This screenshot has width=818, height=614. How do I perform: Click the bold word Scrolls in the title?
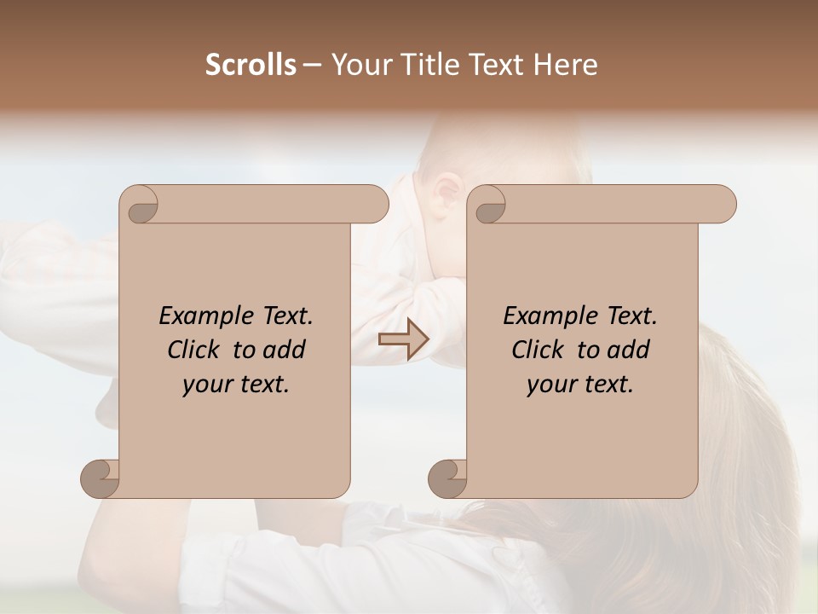coord(251,65)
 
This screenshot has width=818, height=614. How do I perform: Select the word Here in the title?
coord(565,65)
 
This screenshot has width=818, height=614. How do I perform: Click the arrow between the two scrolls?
coord(403,340)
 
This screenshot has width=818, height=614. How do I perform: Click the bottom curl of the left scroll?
coord(101,478)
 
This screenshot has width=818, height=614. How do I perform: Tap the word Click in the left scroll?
coord(195,350)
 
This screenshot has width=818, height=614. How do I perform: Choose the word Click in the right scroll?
coord(539,350)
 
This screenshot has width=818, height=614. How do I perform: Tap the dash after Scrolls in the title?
coord(312,65)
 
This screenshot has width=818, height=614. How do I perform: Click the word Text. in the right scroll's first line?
coord(631,316)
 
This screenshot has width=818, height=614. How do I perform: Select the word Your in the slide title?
coord(360,65)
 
